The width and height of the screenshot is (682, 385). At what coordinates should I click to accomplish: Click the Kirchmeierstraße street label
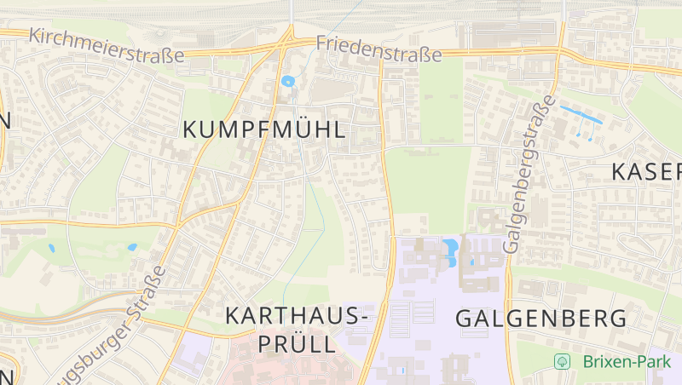point(106,47)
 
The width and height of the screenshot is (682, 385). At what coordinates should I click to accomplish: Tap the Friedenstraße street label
point(379,48)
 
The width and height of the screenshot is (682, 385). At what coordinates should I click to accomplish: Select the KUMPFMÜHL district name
point(264,130)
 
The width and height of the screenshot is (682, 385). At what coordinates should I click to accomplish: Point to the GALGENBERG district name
point(541,319)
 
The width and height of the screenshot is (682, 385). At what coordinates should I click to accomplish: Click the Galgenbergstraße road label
point(524,177)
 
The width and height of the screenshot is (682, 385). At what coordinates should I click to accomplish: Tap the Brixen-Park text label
point(627,361)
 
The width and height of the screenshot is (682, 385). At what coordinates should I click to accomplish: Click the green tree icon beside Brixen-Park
point(562,361)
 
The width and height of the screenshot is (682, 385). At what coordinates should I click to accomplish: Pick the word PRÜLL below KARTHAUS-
point(296,345)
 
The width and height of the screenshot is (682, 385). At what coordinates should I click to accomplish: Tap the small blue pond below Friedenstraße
point(287,82)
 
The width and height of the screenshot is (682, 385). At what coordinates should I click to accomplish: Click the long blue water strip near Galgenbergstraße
point(581,116)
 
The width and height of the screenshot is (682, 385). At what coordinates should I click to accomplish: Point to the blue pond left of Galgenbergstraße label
point(449,250)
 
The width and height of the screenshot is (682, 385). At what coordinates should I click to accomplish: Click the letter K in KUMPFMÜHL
point(191,130)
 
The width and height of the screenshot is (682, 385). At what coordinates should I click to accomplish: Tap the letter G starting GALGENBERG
point(465,319)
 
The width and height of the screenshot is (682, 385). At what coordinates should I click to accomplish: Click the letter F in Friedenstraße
point(321,42)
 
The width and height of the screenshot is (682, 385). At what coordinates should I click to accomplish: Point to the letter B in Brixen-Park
point(588,361)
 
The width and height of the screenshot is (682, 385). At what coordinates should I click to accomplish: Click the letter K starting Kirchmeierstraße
point(34,35)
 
